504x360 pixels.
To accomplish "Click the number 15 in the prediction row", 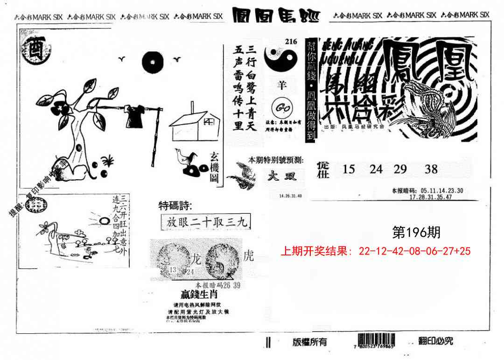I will click(x=349, y=169).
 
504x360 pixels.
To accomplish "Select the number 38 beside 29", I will click(x=431, y=169).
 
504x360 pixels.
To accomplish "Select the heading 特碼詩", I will click(x=175, y=205).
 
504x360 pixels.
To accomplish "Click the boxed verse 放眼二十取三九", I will click(x=205, y=222).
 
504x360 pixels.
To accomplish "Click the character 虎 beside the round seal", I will click(x=249, y=255).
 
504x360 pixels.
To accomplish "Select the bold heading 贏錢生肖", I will click(x=199, y=295).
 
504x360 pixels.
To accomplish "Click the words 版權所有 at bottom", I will click(x=310, y=342).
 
